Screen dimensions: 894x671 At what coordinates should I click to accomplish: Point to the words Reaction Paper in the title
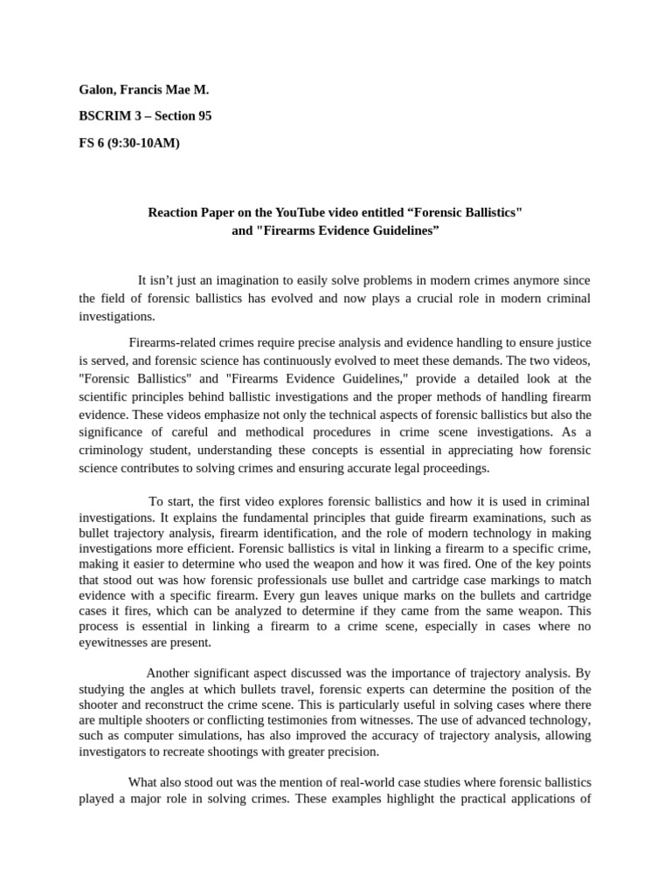click(x=186, y=213)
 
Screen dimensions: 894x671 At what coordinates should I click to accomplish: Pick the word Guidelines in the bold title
click(x=393, y=230)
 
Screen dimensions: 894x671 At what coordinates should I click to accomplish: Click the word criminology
click(x=116, y=450)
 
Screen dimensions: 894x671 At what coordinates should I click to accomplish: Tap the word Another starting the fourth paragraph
click(x=170, y=673)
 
